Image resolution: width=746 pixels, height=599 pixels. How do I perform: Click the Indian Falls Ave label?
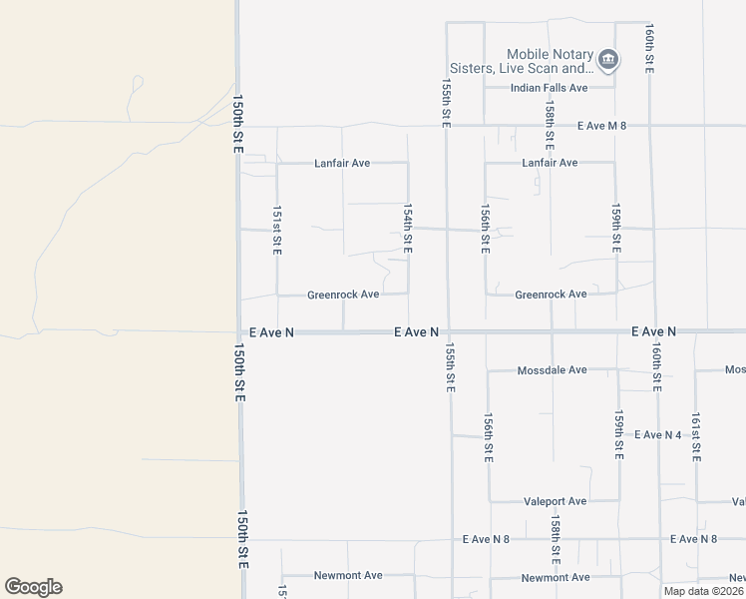(x=549, y=88)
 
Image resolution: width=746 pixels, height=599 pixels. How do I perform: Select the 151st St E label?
(x=277, y=231)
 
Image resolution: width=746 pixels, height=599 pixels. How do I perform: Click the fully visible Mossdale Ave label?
(x=552, y=370)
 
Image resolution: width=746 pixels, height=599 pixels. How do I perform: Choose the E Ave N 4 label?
(x=658, y=434)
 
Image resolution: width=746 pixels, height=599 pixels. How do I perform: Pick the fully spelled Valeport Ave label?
(x=555, y=501)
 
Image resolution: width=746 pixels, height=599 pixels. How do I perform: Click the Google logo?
(x=33, y=586)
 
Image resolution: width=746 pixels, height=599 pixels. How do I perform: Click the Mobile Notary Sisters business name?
(x=550, y=62)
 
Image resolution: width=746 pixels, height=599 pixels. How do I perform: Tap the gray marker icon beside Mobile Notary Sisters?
(x=608, y=62)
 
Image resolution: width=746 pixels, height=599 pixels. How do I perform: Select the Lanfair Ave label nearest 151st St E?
(x=342, y=163)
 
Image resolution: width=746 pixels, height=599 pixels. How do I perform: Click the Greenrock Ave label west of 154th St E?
(x=343, y=295)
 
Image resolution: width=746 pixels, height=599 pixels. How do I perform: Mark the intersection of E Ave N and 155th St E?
(x=448, y=331)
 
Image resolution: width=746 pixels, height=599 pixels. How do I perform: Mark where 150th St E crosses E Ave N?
(x=239, y=331)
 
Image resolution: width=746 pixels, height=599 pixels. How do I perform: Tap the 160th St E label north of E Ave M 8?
(x=649, y=48)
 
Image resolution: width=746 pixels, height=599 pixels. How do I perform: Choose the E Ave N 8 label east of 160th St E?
(x=694, y=539)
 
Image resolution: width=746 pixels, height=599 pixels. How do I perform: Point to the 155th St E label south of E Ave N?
(x=450, y=367)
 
